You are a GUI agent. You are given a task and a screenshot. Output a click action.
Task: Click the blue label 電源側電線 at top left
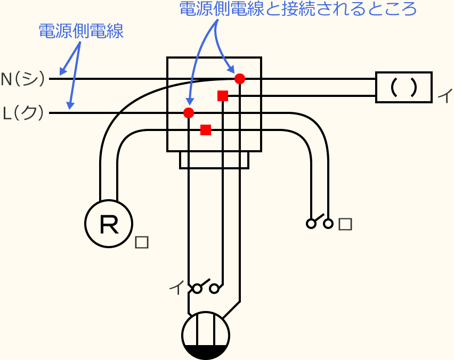click(81, 31)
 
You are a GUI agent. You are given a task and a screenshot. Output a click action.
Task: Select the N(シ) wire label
click(23, 79)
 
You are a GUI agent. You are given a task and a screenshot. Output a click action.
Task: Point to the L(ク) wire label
click(23, 113)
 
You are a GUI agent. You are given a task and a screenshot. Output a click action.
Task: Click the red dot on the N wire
click(240, 79)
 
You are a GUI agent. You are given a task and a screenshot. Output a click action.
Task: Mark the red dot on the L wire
click(189, 113)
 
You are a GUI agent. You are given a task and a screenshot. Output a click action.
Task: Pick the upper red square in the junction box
click(223, 96)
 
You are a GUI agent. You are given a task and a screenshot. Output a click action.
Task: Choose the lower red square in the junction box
click(206, 130)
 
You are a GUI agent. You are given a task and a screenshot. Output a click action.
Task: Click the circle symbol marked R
click(109, 224)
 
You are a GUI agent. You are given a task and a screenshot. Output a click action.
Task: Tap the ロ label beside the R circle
click(142, 242)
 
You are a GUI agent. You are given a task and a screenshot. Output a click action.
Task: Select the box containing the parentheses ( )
click(403, 87)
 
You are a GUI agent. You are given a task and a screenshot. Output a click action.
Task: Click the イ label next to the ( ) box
click(444, 96)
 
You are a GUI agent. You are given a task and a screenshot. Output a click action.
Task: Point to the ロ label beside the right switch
click(345, 224)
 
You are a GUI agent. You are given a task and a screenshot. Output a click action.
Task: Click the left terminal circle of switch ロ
click(311, 224)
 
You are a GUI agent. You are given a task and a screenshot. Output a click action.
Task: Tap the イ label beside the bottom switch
click(175, 288)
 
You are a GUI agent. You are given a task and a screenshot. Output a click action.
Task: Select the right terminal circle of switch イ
click(215, 289)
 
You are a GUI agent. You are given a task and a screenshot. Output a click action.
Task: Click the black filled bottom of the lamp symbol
click(206, 352)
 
